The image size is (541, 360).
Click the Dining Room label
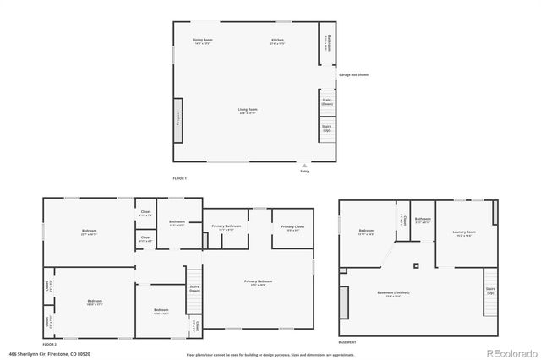click(202, 41)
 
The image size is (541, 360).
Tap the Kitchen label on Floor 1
click(277, 41)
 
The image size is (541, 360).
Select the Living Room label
click(248, 110)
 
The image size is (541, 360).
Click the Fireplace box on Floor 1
click(178, 113)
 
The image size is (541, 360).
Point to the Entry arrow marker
click(305, 165)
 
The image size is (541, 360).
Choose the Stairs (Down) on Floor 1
click(326, 101)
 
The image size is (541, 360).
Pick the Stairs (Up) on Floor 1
click(326, 128)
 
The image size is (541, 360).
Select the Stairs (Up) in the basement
click(490, 291)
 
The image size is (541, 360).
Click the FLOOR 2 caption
click(50, 345)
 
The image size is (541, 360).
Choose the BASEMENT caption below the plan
click(347, 342)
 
